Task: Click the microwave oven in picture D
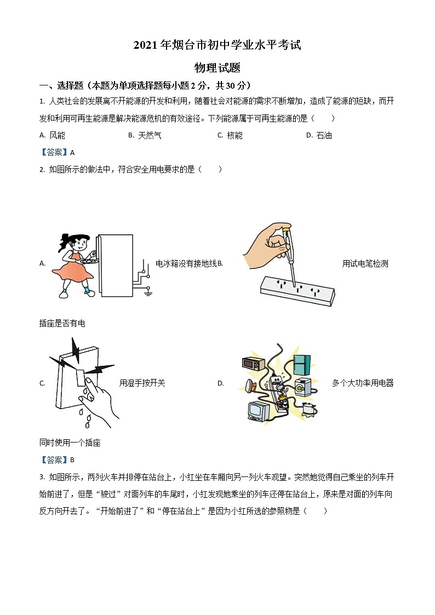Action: [x=254, y=364]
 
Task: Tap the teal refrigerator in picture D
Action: [x=302, y=364]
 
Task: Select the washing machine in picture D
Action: [x=302, y=387]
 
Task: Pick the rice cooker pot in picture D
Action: [x=310, y=409]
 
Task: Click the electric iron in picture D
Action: [x=252, y=386]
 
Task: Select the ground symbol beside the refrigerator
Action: [x=147, y=294]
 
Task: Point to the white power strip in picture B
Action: [x=296, y=290]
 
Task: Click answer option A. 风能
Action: [x=53, y=135]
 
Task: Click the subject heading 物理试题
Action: [x=218, y=68]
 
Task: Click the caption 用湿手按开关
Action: [x=142, y=383]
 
